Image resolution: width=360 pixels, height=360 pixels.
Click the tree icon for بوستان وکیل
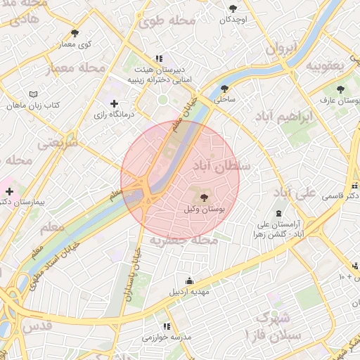(x=205, y=198)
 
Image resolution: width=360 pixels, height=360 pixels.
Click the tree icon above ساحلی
(x=224, y=89)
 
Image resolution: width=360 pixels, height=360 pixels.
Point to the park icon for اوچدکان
(x=233, y=8)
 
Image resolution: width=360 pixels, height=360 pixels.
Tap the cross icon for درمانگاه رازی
(x=115, y=103)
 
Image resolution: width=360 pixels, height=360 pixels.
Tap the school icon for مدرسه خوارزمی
(x=167, y=326)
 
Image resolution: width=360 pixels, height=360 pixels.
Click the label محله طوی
(x=167, y=21)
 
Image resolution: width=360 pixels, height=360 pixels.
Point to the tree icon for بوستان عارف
(x=341, y=89)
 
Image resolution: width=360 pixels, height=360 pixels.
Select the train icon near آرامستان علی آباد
(x=278, y=212)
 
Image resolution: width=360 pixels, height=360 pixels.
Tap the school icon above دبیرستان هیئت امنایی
(x=159, y=59)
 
